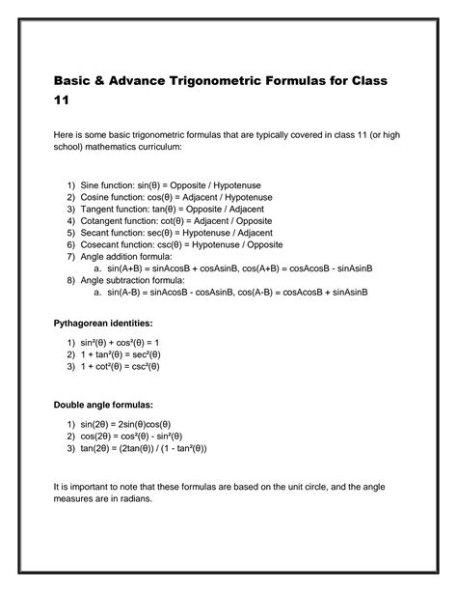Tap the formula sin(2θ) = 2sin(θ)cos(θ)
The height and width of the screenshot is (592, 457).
point(126,424)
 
